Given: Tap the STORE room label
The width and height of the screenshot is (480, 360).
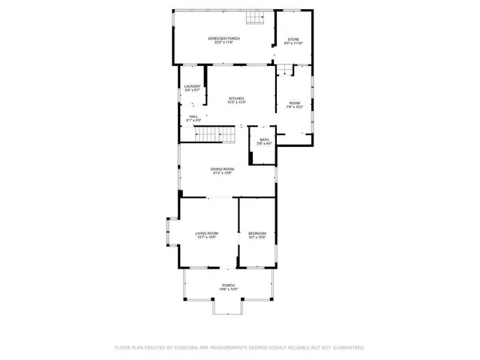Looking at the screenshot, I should coord(293,39).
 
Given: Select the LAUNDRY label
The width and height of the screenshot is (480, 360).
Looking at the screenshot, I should coord(193,86).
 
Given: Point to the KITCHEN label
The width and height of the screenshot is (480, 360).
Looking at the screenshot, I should coord(236,98).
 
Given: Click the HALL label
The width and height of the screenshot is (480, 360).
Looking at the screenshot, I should coord(193,116).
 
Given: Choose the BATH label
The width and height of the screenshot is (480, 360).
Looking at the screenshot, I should coord(264,139).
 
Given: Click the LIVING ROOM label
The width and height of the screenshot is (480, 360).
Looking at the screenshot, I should coord(206,233).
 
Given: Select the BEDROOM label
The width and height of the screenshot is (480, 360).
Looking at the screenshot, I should coord(257,233).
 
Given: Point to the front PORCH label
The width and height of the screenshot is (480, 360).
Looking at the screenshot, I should coord(228,285).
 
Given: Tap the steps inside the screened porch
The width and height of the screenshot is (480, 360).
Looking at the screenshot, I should coord(258,18).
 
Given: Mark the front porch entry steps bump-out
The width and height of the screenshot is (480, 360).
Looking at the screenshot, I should coord(228,307).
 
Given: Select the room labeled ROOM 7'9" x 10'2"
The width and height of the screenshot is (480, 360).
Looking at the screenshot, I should coord(295,105).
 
